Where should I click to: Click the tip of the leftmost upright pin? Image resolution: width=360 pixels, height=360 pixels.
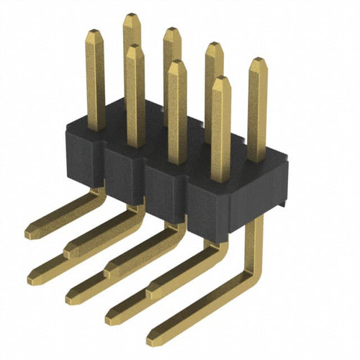pos(94,32)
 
